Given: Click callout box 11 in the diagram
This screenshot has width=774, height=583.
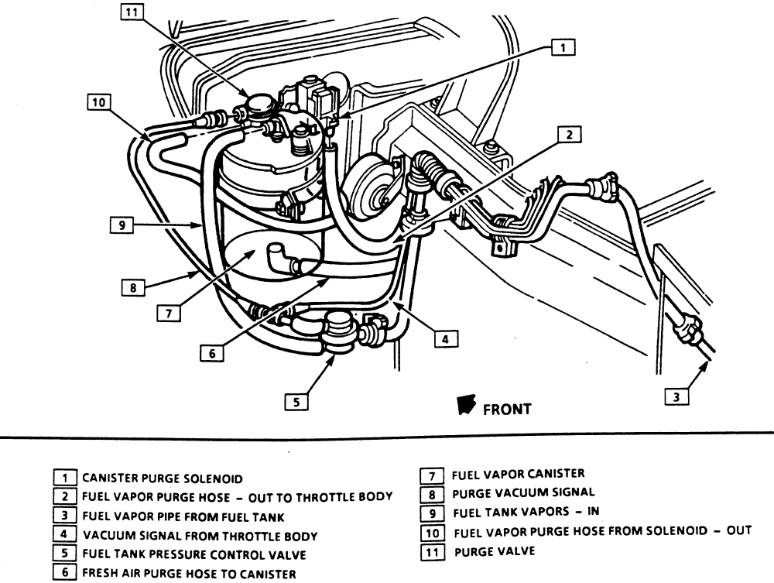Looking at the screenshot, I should pyautogui.click(x=133, y=13).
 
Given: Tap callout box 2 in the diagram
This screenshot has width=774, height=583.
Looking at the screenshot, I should pyautogui.click(x=569, y=135).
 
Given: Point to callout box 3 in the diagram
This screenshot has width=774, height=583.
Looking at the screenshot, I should pyautogui.click(x=676, y=397).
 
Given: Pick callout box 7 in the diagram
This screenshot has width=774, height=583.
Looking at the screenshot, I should pyautogui.click(x=170, y=314).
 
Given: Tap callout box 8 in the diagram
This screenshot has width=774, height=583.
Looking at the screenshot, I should pyautogui.click(x=132, y=287).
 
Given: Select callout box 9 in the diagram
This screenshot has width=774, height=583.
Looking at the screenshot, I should pyautogui.click(x=122, y=225).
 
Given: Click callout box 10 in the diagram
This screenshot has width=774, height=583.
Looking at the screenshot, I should pyautogui.click(x=99, y=102).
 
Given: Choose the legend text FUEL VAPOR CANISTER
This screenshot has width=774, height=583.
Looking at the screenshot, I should pyautogui.click(x=518, y=474).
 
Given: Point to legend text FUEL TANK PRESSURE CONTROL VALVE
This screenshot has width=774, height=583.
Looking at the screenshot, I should pyautogui.click(x=193, y=554).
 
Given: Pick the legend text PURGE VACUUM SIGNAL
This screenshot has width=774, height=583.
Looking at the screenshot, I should pyautogui.click(x=523, y=492).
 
